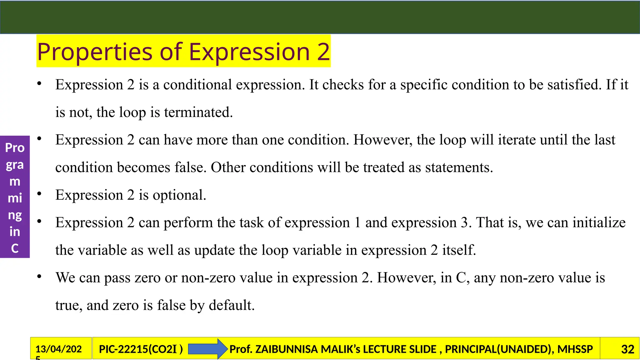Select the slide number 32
tap(627, 349)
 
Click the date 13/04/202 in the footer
tap(58, 349)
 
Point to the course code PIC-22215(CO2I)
tap(141, 349)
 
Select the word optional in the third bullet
tap(179, 195)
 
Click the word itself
tap(459, 250)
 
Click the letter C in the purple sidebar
tap(15, 248)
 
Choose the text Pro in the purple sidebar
tap(15, 147)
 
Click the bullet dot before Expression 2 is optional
tap(39, 194)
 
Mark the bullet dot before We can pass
tap(39, 277)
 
